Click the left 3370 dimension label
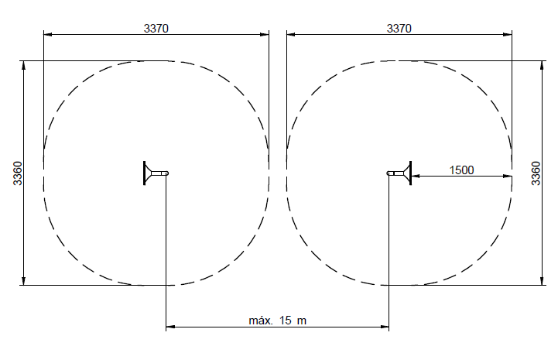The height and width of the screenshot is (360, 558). coord(156,28)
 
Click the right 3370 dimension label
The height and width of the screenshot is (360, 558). coord(399,28)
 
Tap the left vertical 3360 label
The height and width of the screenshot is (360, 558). coord(18,173)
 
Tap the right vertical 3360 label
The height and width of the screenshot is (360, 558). coord(536,173)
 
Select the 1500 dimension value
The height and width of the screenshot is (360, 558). coord(461,170)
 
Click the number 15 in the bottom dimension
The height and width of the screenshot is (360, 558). coord(286,320)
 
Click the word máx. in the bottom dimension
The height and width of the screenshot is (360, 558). coord(261,320)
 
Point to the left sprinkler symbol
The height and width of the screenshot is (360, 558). coord(156,173)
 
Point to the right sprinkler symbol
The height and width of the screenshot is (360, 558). coord(399,173)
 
